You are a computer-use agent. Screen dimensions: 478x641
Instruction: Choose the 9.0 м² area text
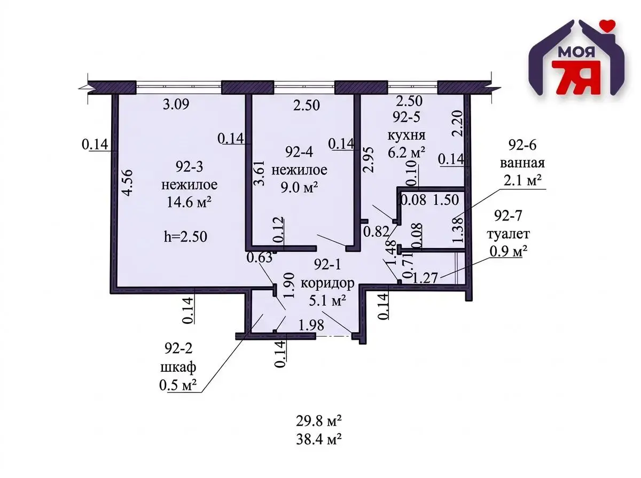click(299, 187)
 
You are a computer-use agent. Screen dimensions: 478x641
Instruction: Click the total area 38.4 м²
click(319, 440)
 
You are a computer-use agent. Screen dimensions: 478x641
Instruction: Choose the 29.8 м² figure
click(319, 421)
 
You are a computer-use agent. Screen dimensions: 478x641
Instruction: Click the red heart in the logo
click(605, 24)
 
